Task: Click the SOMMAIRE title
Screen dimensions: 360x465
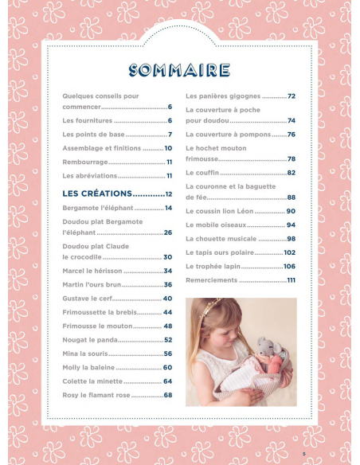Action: [x=179, y=71]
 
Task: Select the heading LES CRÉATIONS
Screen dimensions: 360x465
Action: [x=96, y=193]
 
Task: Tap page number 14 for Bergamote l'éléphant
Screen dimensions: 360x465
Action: [x=168, y=208]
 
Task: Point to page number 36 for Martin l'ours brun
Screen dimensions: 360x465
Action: [x=168, y=285]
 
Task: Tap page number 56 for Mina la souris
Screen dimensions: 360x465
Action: [x=168, y=354]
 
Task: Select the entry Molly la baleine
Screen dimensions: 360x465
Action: [x=88, y=367]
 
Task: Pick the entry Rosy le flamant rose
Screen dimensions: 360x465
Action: [x=96, y=395]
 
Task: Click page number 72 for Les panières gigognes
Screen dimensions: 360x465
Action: [x=291, y=96]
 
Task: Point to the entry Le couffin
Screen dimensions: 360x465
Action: [x=202, y=173]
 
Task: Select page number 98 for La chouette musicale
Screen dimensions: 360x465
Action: [x=291, y=239]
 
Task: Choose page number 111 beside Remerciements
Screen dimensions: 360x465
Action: [x=291, y=280]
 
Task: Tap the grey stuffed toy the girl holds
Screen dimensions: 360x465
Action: [x=266, y=350]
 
